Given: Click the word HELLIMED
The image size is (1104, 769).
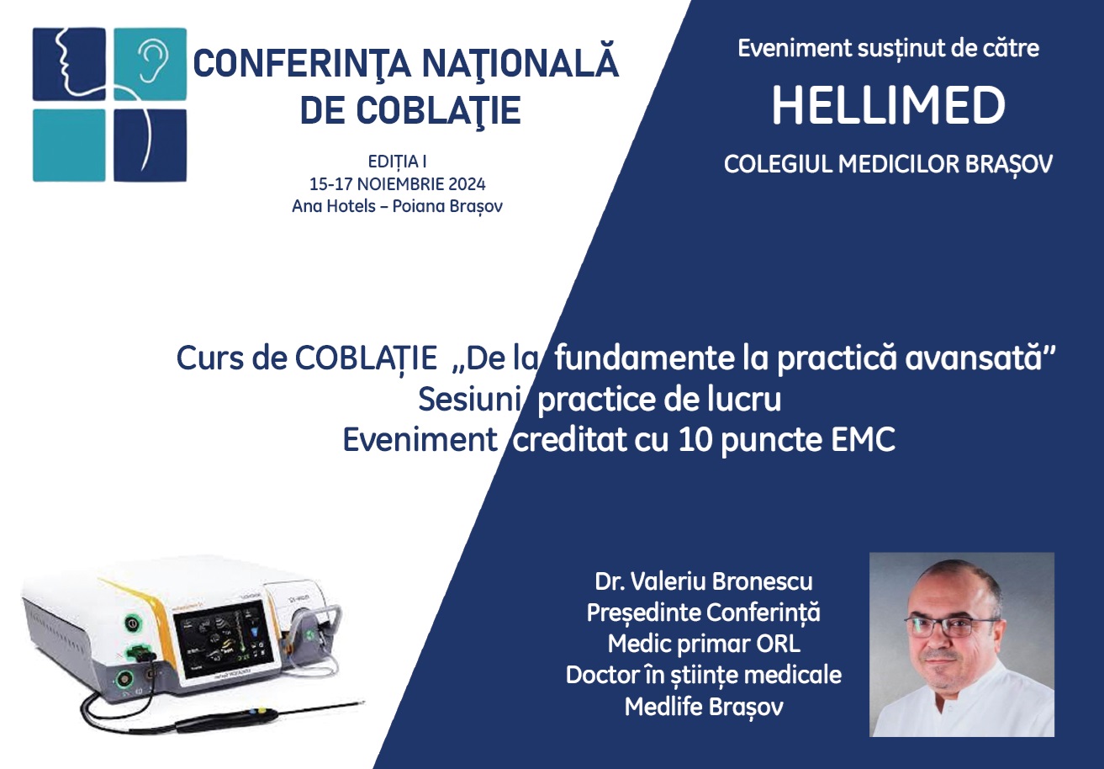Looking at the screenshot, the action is [888, 105].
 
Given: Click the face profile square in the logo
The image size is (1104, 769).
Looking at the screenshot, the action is [69, 64].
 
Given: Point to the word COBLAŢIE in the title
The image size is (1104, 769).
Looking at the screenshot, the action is [438, 109].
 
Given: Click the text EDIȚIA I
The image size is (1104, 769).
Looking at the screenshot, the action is [397, 162].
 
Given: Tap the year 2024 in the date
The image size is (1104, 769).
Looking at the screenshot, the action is [467, 184].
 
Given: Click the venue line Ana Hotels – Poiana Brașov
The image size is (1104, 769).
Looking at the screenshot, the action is [397, 206].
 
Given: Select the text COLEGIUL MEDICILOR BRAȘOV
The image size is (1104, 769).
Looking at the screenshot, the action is [888, 165].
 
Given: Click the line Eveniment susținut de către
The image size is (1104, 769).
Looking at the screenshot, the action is [888, 48].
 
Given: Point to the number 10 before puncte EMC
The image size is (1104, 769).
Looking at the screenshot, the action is [695, 439].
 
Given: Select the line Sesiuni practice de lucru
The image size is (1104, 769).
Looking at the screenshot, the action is [600, 399].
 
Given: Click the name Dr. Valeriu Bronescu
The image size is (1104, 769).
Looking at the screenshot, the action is [703, 581].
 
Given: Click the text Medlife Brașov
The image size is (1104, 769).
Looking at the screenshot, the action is [703, 707].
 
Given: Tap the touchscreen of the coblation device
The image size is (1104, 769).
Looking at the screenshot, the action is [224, 643].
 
